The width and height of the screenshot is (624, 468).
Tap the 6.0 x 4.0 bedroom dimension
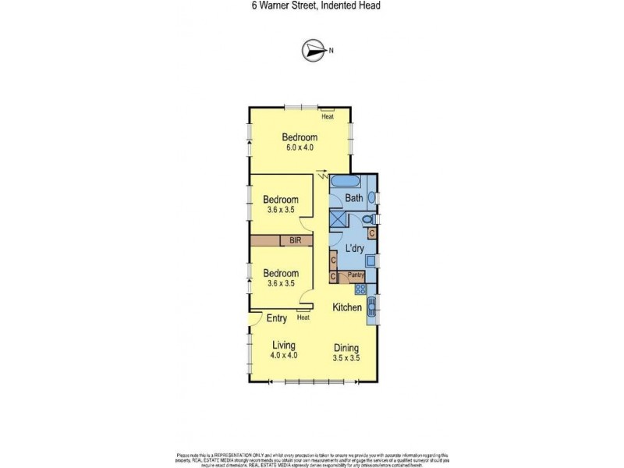click(x=300, y=148)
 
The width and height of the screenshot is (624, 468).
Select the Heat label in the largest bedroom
click(x=328, y=117)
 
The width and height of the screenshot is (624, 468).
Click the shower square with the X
click(x=337, y=219)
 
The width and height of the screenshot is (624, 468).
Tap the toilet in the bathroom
click(x=370, y=219)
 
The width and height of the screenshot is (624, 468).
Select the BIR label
click(x=296, y=241)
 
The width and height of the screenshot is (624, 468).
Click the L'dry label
click(x=356, y=248)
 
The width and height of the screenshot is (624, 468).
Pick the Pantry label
click(x=356, y=275)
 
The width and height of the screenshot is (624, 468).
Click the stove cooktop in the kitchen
click(x=360, y=289)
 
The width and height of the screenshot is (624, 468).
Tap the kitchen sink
click(x=371, y=308)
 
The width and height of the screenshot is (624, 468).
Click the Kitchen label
click(x=348, y=308)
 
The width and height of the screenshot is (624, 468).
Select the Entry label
click(x=277, y=318)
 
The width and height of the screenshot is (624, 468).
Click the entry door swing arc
click(x=255, y=321)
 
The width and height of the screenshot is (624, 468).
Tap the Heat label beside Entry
click(x=303, y=317)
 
